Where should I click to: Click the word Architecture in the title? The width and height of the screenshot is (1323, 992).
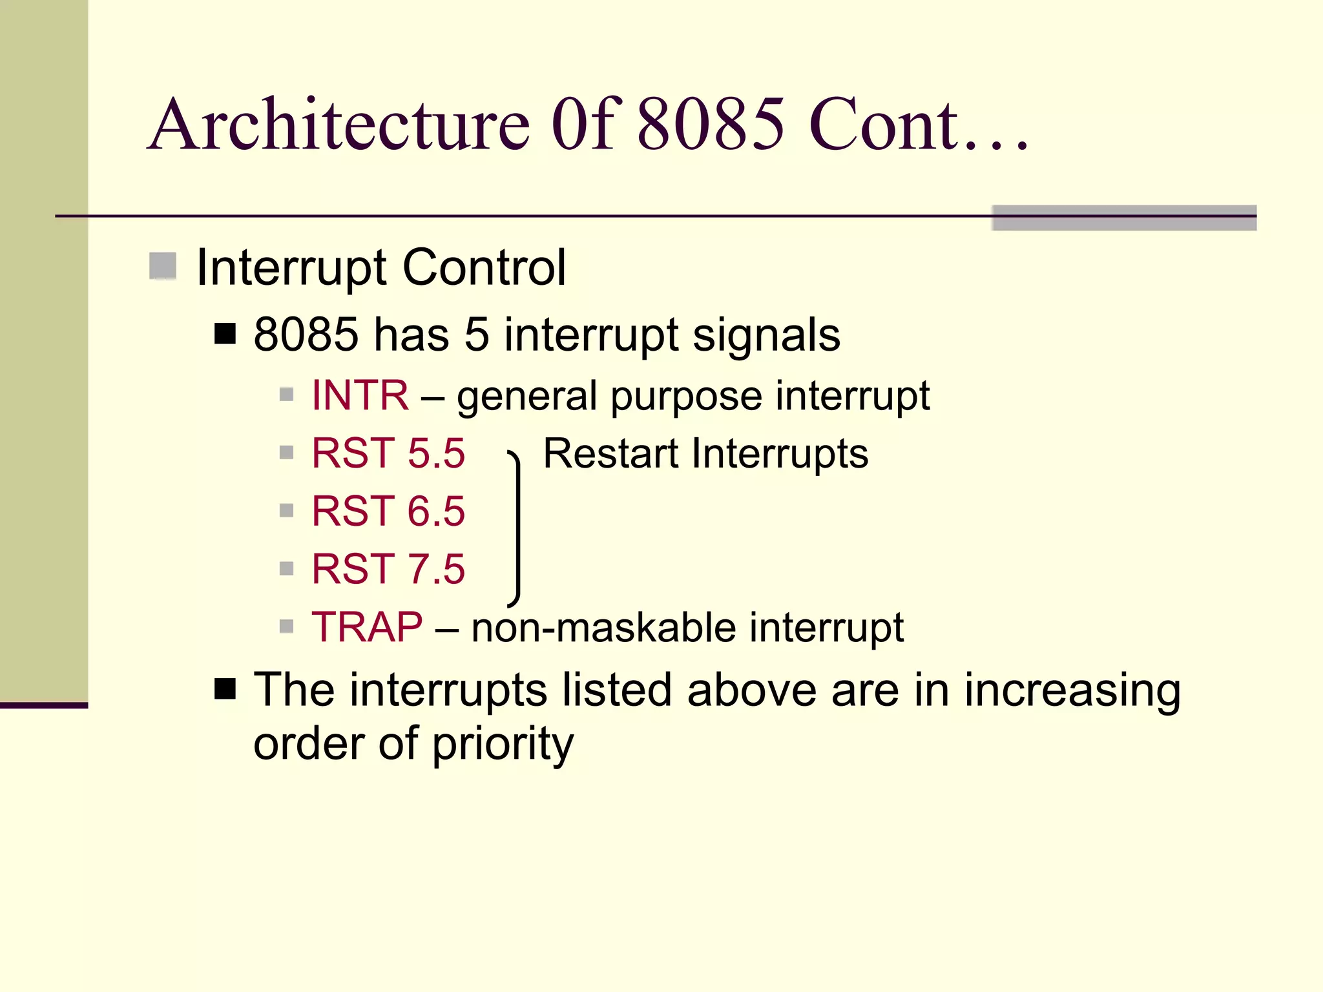[339, 125]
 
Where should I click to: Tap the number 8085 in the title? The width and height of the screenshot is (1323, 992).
[711, 125]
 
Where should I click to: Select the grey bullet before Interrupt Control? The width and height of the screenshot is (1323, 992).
[163, 266]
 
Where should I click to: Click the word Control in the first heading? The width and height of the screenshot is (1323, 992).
[484, 267]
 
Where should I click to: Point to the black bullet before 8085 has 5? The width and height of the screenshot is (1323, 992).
[225, 334]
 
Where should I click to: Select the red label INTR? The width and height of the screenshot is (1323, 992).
[360, 395]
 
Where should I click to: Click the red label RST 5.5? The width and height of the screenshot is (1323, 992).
[388, 453]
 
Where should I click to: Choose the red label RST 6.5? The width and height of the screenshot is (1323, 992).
[388, 511]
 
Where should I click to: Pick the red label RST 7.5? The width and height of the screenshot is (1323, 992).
[388, 569]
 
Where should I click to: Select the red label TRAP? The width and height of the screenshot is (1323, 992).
[367, 626]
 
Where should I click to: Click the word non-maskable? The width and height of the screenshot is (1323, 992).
[603, 628]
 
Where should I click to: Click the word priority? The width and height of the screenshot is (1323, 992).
[503, 745]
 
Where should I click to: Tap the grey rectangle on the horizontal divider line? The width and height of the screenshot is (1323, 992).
[1124, 218]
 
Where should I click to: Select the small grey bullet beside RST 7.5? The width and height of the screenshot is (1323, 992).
[287, 568]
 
